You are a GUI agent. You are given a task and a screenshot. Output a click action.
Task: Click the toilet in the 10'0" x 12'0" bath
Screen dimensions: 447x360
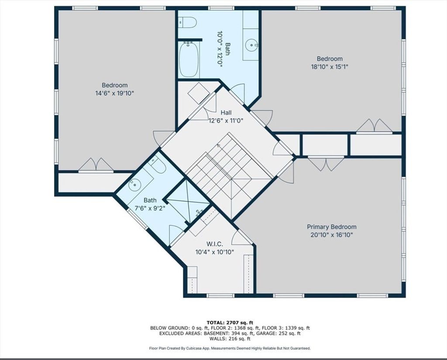pyautogui.click(x=188, y=22)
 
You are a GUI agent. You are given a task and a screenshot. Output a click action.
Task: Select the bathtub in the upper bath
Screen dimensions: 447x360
pyautogui.click(x=189, y=59)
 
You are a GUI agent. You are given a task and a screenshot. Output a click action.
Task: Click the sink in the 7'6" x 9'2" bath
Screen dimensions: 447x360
pyautogui.click(x=134, y=185)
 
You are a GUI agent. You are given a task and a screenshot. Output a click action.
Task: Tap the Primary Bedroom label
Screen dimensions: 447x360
pyautogui.click(x=332, y=227)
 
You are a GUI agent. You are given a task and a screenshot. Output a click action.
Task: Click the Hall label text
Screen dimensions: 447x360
pyautogui.click(x=226, y=113)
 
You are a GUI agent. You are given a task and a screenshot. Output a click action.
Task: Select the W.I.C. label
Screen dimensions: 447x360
pyautogui.click(x=215, y=244)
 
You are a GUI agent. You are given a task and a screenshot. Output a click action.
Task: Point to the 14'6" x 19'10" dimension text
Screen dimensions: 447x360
pyautogui.click(x=115, y=93)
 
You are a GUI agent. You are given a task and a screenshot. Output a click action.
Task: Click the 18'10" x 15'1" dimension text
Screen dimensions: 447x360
pyautogui.click(x=330, y=67)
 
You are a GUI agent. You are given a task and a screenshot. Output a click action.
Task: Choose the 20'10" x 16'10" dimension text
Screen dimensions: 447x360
pyautogui.click(x=332, y=235)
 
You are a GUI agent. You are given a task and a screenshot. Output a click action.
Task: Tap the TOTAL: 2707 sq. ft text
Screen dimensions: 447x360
pyautogui.click(x=230, y=322)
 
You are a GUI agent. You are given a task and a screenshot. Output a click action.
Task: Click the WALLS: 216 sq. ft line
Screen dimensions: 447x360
pyautogui.click(x=230, y=339)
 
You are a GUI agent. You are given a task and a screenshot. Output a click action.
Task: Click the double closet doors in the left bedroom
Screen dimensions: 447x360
pyautogui.click(x=96, y=165)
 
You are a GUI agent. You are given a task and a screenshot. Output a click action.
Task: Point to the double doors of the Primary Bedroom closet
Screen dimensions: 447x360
pyautogui.click(x=326, y=164)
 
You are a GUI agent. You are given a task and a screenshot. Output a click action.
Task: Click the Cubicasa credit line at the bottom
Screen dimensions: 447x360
pyautogui.click(x=230, y=348)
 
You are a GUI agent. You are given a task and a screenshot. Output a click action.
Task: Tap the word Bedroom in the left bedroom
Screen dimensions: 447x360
pyautogui.click(x=115, y=85)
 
